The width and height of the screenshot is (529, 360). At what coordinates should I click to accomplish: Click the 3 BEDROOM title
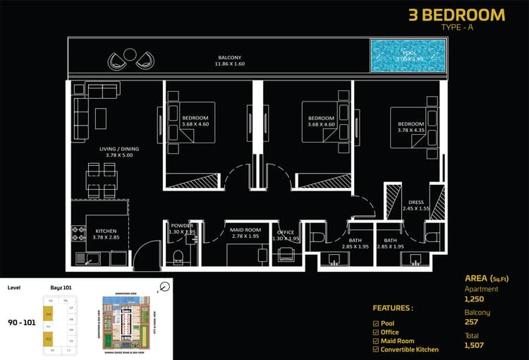click(456, 15)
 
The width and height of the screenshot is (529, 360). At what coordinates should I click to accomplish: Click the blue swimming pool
click(408, 56)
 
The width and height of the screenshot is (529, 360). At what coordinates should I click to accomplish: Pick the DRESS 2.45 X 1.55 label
click(415, 205)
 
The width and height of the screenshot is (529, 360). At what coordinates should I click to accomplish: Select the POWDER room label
click(181, 228)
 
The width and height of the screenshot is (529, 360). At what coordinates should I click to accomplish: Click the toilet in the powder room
click(178, 256)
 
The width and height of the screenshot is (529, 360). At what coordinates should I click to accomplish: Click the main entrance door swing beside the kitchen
click(146, 254)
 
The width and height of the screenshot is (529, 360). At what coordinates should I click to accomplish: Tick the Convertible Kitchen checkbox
click(375, 349)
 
